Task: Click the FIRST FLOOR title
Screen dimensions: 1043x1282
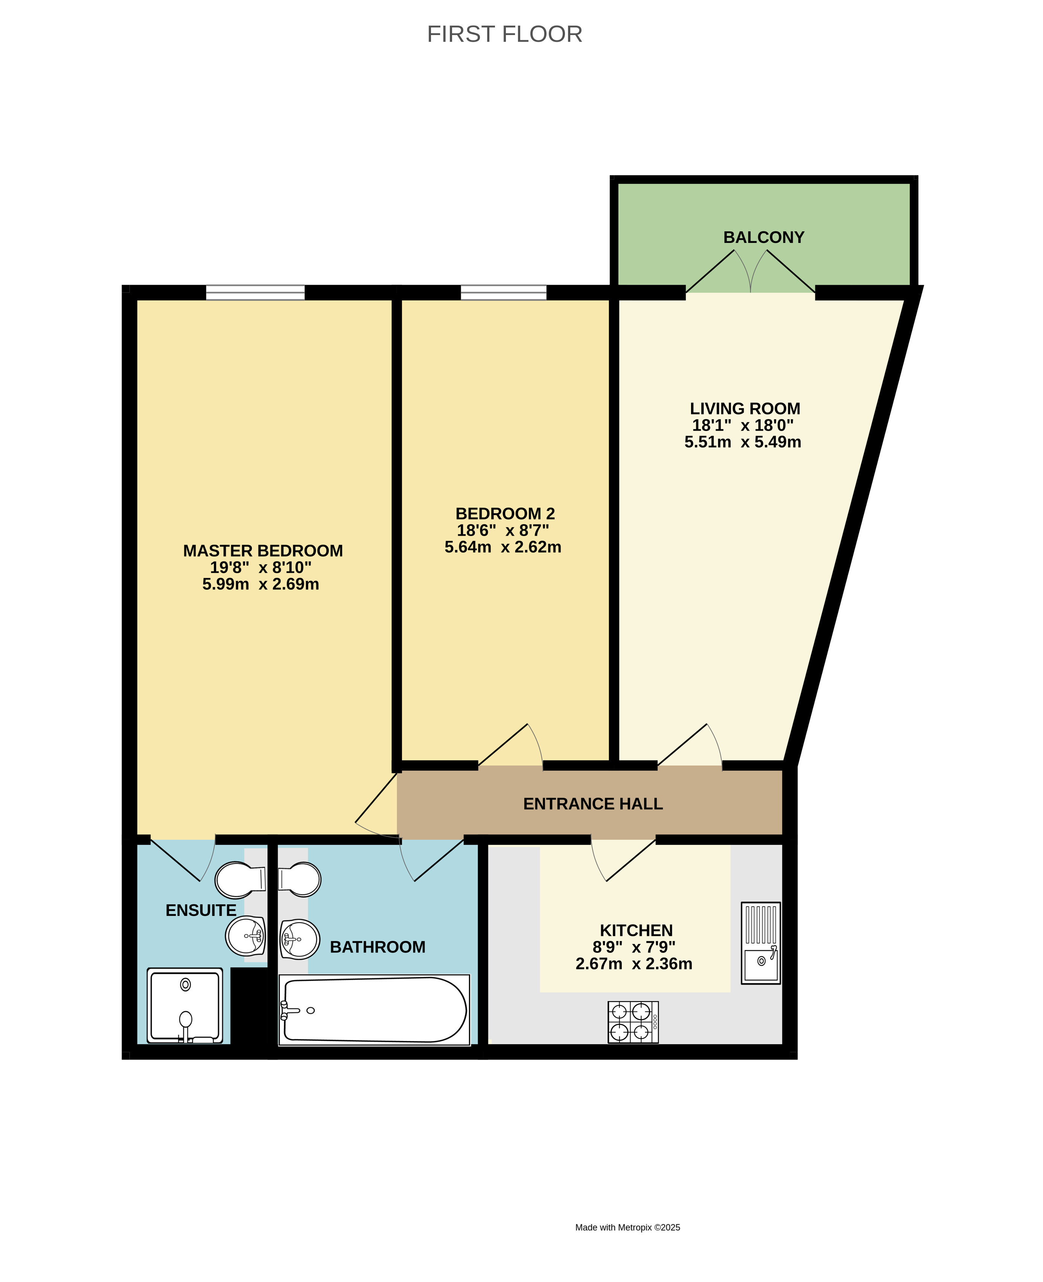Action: click(x=505, y=34)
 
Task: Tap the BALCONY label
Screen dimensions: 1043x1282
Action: click(x=764, y=237)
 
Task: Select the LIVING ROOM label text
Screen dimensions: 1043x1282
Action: click(x=745, y=409)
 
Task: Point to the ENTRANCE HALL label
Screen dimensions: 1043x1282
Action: click(x=593, y=804)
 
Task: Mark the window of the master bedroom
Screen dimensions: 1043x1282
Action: click(x=255, y=293)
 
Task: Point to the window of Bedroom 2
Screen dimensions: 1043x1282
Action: click(x=504, y=293)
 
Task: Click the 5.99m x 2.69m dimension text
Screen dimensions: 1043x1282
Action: click(x=261, y=584)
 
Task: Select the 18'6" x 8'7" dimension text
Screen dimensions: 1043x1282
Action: click(x=503, y=531)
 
